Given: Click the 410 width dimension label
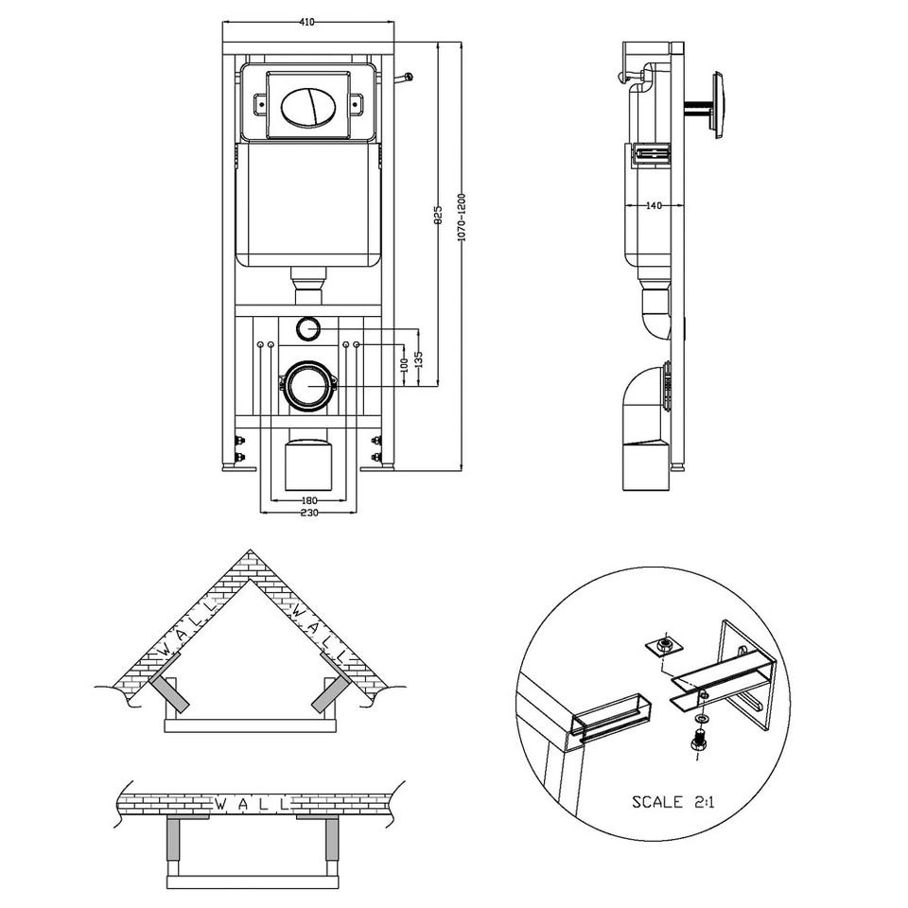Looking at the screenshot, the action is [x=306, y=23].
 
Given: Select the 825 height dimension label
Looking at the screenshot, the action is [x=438, y=214].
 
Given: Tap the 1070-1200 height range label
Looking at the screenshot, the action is [x=461, y=218].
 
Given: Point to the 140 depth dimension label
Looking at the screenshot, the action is [x=654, y=205].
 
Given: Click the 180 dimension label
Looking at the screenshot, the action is [x=309, y=499].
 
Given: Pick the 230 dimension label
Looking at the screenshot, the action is [x=309, y=513].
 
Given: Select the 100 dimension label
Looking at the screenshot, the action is [x=404, y=363].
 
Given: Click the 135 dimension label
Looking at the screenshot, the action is [x=419, y=359].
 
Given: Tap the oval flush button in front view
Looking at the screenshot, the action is [x=308, y=105].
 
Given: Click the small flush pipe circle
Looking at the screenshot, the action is [x=308, y=329].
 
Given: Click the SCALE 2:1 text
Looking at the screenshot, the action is [x=672, y=802].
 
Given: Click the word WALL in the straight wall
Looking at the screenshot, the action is [x=252, y=804].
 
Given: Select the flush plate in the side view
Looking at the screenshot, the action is [x=718, y=105].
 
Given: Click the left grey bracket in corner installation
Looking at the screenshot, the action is [x=169, y=695].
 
